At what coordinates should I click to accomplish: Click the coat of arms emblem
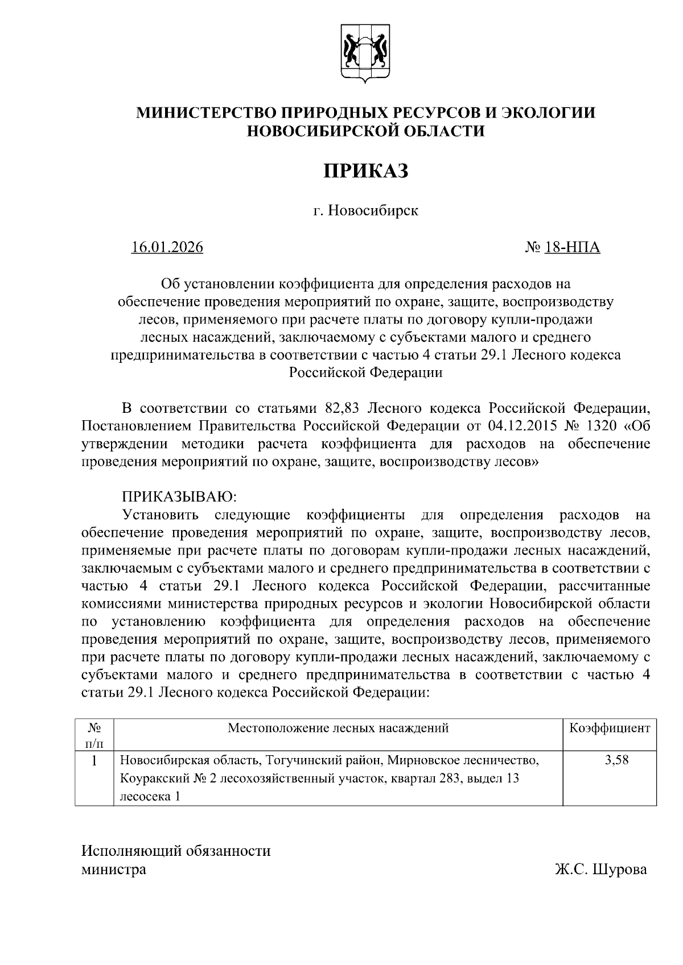coord(365,53)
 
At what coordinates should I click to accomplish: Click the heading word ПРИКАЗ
coord(366,171)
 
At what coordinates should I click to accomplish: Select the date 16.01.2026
coord(167,247)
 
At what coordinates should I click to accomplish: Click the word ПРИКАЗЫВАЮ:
coord(179,496)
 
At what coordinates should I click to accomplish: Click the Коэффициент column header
coord(610,728)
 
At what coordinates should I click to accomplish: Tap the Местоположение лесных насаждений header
coord(338,728)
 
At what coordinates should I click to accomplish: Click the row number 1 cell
coord(94,760)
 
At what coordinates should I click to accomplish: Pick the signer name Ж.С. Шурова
coord(601,869)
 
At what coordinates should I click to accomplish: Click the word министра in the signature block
coord(114,869)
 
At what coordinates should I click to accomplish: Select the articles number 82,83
coord(343,408)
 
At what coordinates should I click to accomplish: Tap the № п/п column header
coord(94,735)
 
